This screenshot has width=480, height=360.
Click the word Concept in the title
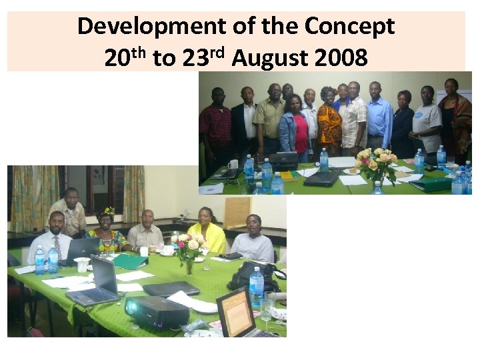click(x=350, y=27)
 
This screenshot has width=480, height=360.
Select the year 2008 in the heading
click(x=340, y=59)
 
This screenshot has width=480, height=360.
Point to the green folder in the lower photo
click(x=130, y=261)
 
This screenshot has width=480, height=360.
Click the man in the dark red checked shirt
click(x=216, y=127)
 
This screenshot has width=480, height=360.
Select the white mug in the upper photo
click(x=233, y=165)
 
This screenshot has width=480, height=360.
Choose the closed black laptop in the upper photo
click(x=322, y=178)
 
